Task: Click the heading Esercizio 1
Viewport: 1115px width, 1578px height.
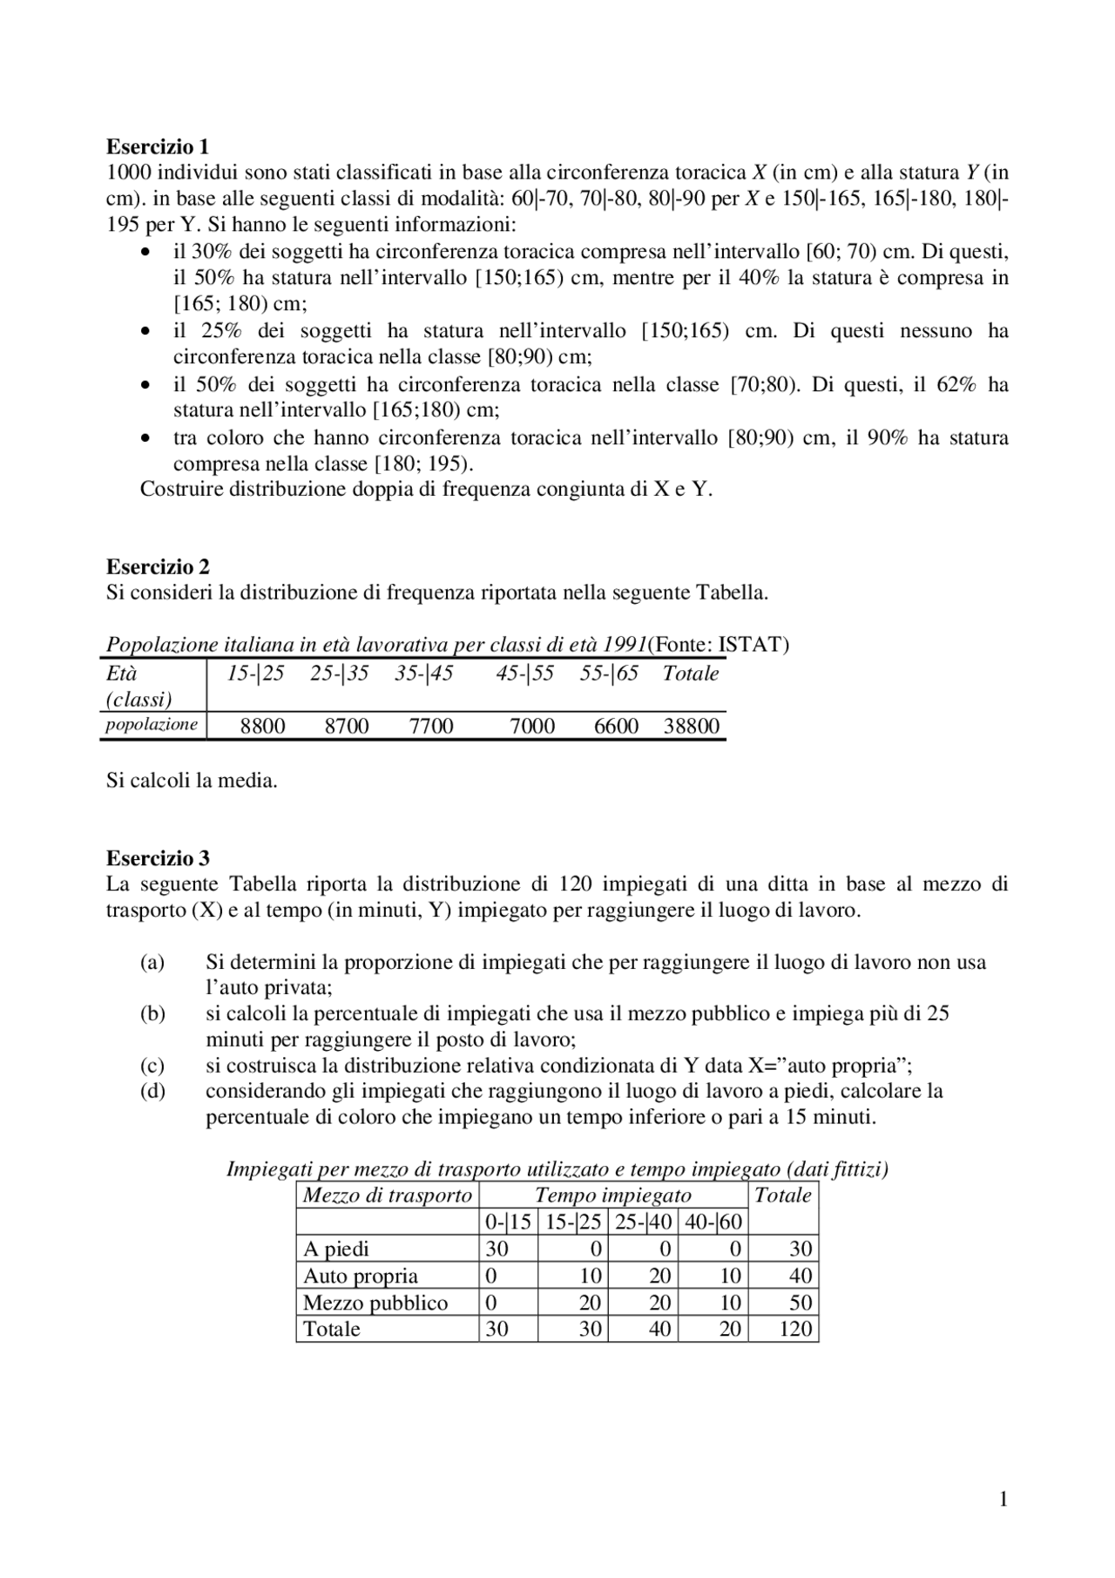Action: tap(158, 146)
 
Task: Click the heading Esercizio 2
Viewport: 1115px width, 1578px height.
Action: tap(158, 567)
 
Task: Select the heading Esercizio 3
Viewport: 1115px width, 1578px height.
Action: tap(158, 858)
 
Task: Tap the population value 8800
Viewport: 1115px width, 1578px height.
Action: tap(262, 727)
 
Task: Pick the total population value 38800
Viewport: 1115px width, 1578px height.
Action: tap(691, 727)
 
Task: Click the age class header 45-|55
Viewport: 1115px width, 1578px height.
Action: tap(524, 674)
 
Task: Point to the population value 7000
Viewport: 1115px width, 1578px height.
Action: tap(531, 727)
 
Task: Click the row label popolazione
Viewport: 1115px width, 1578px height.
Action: tap(152, 725)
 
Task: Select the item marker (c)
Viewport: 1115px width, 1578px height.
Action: tap(152, 1066)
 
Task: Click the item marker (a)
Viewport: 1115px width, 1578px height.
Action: tap(152, 963)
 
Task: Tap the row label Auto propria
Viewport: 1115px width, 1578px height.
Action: tap(360, 1277)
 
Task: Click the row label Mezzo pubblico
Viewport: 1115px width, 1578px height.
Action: tap(375, 1304)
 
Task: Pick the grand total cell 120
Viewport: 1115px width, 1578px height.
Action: tap(795, 1330)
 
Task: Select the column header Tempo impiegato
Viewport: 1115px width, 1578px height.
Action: tap(612, 1195)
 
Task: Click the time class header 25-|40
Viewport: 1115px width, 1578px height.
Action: tap(643, 1222)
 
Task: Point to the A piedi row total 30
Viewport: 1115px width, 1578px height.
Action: tap(800, 1250)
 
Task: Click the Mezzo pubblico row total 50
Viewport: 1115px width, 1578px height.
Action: tap(800, 1304)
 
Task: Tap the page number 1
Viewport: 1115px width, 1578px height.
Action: tap(1003, 1500)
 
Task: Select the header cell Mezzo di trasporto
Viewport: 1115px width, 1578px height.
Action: tap(387, 1195)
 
